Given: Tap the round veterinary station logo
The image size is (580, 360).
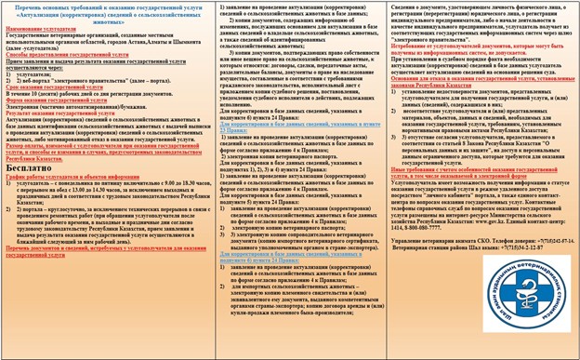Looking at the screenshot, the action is point(499,313).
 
